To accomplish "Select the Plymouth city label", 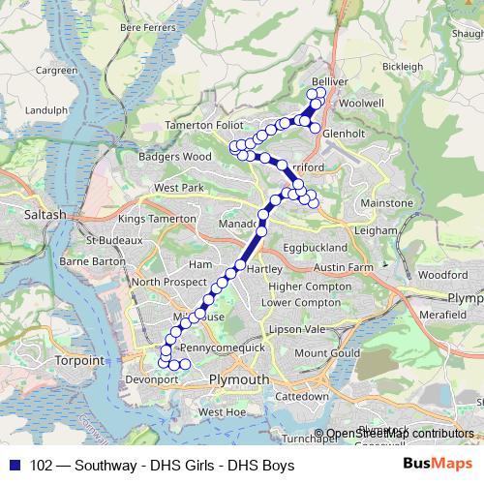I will click(239, 380).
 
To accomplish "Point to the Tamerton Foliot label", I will click(205, 125).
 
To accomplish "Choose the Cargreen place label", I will click(56, 71).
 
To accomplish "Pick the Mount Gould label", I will click(323, 353).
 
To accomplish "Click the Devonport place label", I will click(152, 380).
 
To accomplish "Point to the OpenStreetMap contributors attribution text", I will click(400, 434).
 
